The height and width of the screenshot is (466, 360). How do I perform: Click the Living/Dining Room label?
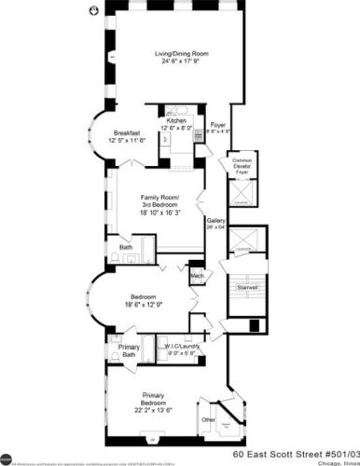(181, 54)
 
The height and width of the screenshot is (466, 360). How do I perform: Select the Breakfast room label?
(127, 133)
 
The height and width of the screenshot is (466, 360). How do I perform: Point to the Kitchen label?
(178, 122)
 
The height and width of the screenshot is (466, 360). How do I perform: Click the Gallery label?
(215, 220)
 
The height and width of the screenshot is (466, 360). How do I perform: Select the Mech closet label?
(198, 276)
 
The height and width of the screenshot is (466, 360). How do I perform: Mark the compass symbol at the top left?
(90, 12)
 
